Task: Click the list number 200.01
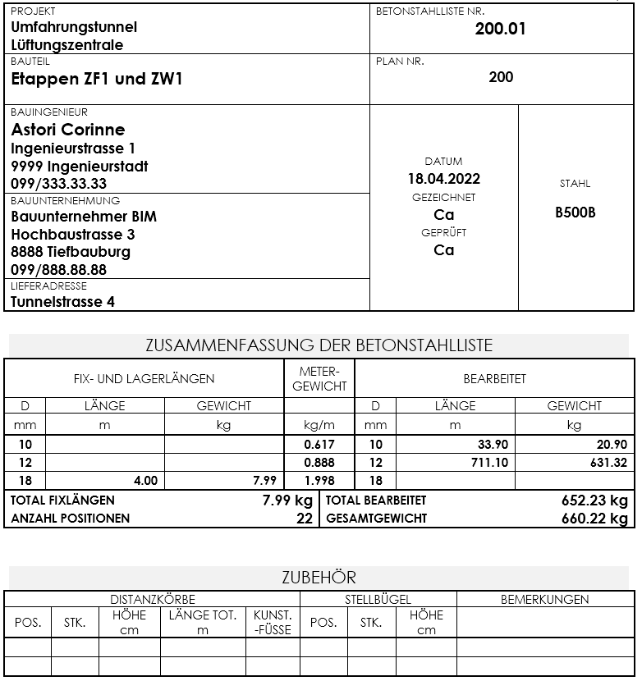tap(500, 30)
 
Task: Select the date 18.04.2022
tap(444, 179)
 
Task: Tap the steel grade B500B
tap(576, 213)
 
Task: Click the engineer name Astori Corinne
tap(68, 130)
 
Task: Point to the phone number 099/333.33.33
tap(59, 184)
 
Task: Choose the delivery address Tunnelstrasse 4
tap(63, 301)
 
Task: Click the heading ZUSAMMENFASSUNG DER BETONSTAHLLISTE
tap(319, 345)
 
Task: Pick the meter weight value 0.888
tap(319, 463)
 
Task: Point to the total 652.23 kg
tap(589, 500)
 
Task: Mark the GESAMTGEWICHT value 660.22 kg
tap(589, 519)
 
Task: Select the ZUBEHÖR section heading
tap(319, 578)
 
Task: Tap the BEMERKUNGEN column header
tap(544, 600)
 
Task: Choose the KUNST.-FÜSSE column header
tap(273, 623)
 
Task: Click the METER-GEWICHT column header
tap(319, 379)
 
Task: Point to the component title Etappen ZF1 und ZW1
tap(97, 80)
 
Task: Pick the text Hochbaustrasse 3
tap(73, 235)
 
